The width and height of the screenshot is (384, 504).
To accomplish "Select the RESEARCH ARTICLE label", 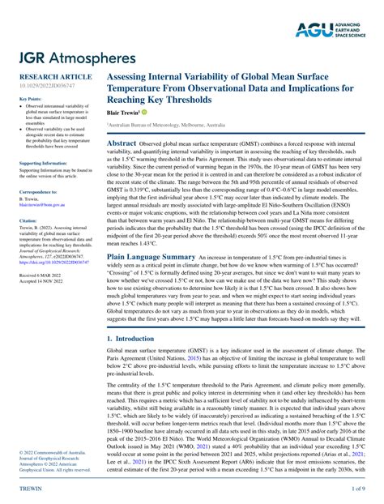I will click(x=50, y=75).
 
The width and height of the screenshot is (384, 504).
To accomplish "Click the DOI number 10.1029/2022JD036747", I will click(x=46, y=83).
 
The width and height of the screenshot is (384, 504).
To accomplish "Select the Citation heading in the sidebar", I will click(x=28, y=220).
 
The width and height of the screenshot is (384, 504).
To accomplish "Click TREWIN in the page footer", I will click(x=30, y=490).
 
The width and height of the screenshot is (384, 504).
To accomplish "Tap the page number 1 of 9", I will click(x=356, y=490).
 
